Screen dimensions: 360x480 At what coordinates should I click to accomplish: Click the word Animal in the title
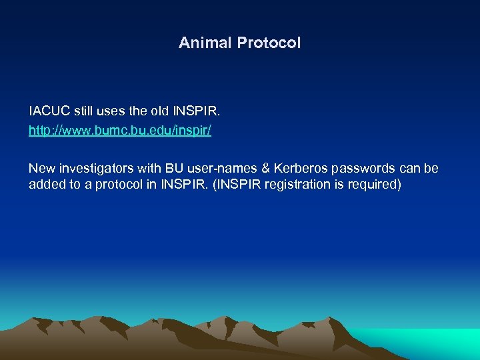point(201,43)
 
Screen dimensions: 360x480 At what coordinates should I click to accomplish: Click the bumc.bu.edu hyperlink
point(120,131)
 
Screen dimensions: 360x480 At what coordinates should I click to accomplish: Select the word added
point(47,184)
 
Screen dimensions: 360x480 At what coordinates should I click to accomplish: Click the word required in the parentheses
point(377,184)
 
